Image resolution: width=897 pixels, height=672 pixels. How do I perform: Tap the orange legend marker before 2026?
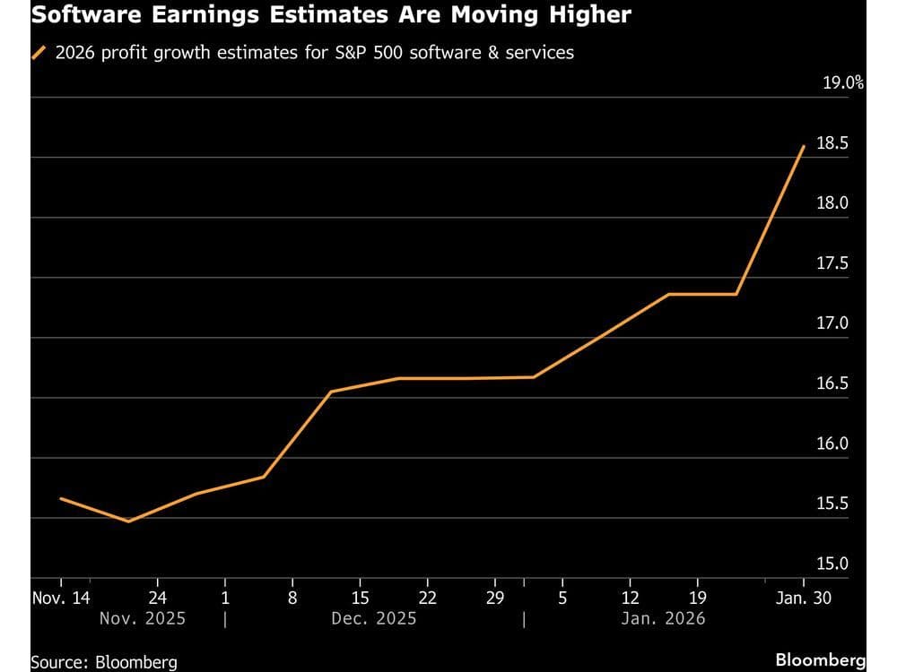(39, 53)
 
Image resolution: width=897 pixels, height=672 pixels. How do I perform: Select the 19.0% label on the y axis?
(843, 83)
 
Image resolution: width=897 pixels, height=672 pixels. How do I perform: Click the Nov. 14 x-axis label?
(60, 599)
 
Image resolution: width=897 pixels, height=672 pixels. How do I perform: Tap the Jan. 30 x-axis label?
(803, 599)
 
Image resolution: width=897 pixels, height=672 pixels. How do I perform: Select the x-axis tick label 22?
(428, 599)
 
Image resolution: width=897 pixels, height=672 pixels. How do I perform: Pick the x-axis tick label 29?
(495, 599)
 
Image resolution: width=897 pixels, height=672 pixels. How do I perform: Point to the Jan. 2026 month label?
(664, 619)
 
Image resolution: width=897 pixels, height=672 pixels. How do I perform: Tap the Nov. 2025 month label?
(143, 619)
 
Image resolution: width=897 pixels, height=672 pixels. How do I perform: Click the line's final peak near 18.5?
(804, 146)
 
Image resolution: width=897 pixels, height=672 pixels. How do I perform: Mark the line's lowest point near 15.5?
(128, 521)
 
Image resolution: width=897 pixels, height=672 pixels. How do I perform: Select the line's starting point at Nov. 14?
(60, 498)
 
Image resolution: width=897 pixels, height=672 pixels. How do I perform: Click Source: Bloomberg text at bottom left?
(103, 662)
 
